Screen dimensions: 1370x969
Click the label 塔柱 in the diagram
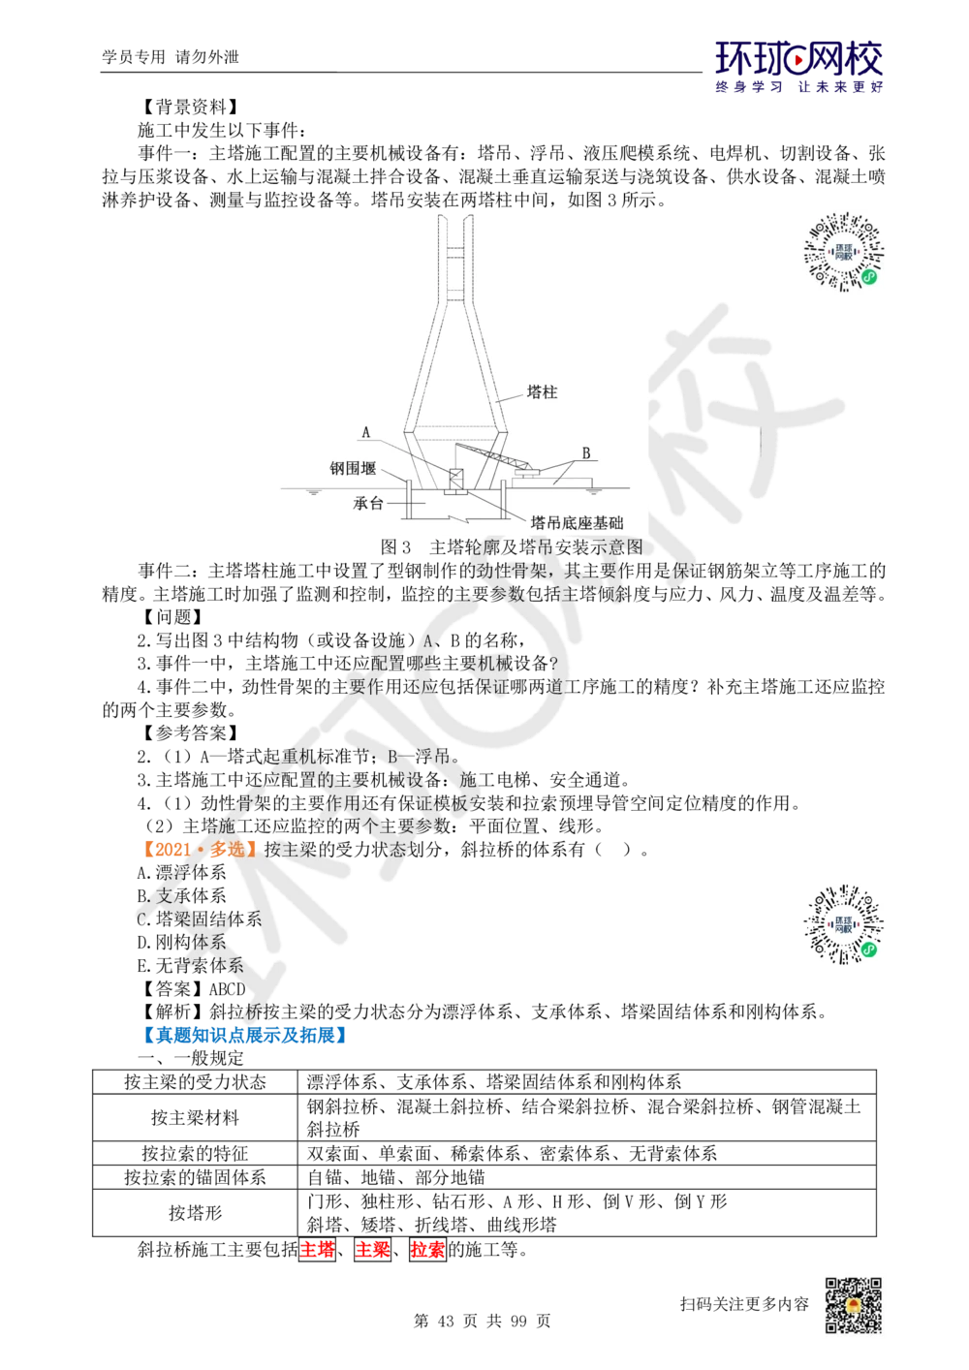542,392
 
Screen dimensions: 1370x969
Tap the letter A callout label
366,431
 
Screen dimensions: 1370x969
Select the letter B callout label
586,452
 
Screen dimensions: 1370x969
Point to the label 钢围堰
352,468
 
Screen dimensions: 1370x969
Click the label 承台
371,504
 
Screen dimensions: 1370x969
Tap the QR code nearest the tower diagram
844,252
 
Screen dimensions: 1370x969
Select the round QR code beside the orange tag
844,922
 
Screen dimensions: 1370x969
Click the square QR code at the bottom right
852,1305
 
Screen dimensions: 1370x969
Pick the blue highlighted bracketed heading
243,1035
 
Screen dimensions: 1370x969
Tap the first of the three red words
317,1250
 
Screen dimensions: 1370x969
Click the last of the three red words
427,1250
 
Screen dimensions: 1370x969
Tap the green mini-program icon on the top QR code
869,276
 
